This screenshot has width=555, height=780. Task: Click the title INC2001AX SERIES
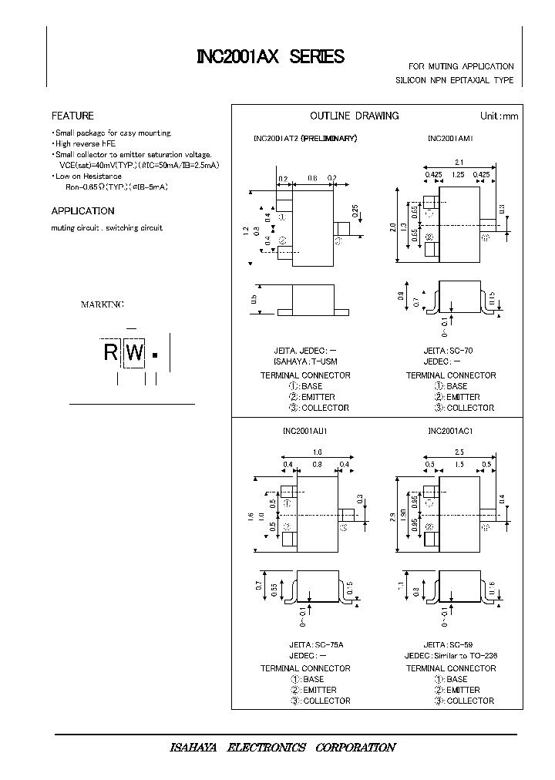tap(270, 57)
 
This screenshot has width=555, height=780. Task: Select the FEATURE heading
tap(72, 116)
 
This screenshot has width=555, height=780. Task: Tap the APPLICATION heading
tap(82, 210)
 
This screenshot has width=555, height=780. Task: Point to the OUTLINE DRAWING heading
tap(354, 116)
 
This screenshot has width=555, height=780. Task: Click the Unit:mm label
tap(499, 116)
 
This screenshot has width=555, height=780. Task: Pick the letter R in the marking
tap(112, 354)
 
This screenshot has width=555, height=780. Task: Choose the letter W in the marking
tap(135, 354)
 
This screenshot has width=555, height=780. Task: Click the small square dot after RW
tap(155, 355)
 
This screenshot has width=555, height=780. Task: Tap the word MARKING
tap(103, 304)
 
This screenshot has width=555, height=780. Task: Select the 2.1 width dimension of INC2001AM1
tap(459, 162)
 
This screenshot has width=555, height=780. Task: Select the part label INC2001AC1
tap(450, 432)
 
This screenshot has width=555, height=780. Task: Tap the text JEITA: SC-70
tap(448, 351)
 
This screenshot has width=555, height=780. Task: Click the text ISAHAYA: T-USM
tap(305, 361)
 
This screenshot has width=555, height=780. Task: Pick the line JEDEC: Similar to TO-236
tap(451, 655)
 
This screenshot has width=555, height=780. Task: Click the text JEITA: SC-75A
tap(305, 644)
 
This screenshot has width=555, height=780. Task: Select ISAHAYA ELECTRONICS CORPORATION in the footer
tap(282, 748)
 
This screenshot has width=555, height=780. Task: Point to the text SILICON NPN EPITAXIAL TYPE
tap(455, 80)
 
